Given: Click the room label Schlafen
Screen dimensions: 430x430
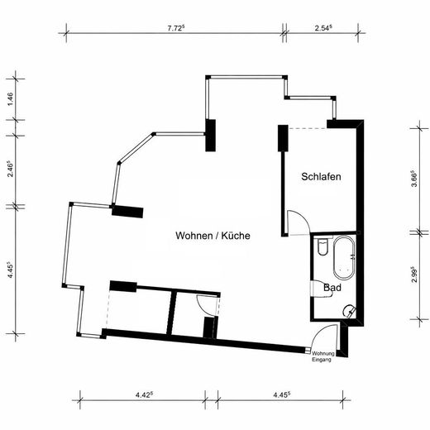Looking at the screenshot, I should [x=322, y=177].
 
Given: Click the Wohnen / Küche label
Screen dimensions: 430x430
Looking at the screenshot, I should [x=213, y=236].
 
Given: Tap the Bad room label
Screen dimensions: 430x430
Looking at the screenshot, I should [x=333, y=289].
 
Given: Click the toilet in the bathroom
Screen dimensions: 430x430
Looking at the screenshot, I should [x=322, y=248].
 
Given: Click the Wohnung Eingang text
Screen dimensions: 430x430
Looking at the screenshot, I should [x=322, y=357].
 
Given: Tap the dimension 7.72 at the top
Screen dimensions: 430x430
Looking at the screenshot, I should [x=175, y=27].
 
